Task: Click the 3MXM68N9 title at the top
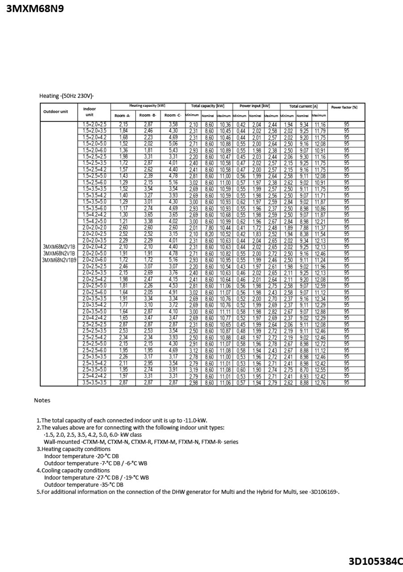pos(35,8)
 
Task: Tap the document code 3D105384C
pos(376,561)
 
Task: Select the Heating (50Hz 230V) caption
pos(67,96)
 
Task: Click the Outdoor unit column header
pos(55,111)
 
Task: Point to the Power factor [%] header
pos(344,107)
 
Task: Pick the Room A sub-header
pos(122,116)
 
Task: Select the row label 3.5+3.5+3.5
pos(94,383)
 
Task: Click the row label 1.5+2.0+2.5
pos(94,124)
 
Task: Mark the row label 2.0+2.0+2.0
pos(94,227)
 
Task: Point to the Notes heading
pos(42,400)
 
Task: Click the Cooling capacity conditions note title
pos(76,471)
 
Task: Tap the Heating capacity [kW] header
pos(147,106)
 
